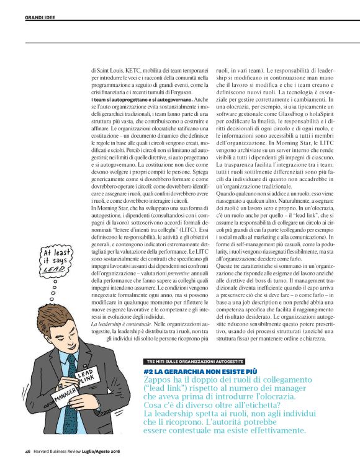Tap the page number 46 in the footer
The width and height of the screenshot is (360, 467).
pyautogui.click(x=27, y=451)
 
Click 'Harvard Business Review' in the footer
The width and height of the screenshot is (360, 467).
pyautogui.click(x=58, y=451)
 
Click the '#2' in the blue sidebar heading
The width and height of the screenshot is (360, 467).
pyautogui.click(x=149, y=370)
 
